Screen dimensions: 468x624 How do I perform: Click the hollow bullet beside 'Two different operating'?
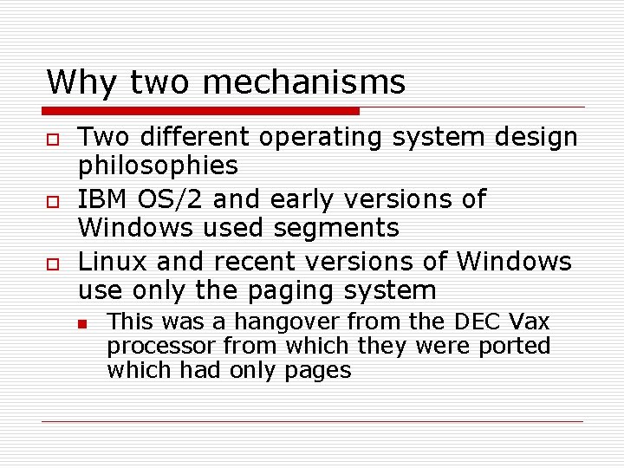click(53, 139)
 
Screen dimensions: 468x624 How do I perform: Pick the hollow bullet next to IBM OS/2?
click(53, 201)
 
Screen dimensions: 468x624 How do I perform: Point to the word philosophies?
click(158, 166)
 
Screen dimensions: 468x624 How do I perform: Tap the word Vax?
click(530, 322)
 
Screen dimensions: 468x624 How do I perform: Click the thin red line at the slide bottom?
click(312, 422)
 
